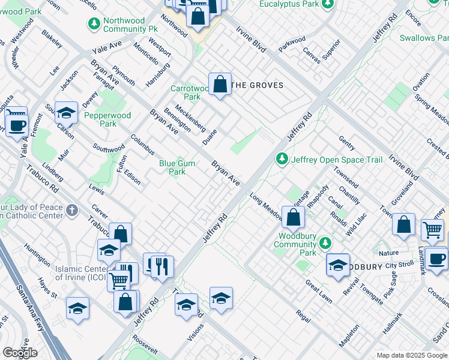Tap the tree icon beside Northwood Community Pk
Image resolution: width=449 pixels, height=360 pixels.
pos(94,24)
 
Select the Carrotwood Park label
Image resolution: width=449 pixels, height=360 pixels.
pos(191,92)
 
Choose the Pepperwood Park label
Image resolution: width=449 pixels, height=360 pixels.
pos(100,119)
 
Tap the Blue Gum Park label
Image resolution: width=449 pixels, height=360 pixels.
pos(177,167)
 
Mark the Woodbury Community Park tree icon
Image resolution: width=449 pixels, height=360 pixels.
pos(325,243)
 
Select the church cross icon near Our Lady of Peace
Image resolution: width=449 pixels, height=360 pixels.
pos(71,210)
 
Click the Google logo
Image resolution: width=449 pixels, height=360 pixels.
pos(20,353)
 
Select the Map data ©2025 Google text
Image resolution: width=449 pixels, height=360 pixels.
pos(412,355)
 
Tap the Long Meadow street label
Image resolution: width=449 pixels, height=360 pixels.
pos(267,205)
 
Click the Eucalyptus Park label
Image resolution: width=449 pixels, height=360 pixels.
pos(289,4)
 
